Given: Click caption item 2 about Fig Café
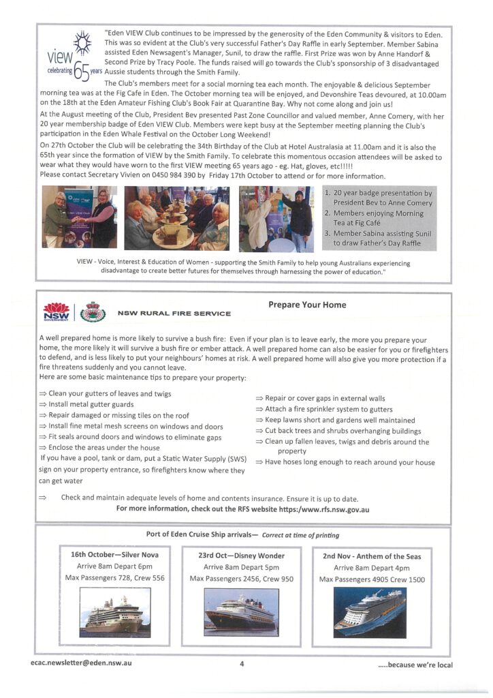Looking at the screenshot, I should point(379,218).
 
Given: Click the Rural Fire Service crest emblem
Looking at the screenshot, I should point(93,312).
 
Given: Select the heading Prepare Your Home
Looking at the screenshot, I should point(307,305).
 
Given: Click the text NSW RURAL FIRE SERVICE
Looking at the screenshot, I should point(174,314).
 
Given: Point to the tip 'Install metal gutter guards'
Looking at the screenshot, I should point(91,404).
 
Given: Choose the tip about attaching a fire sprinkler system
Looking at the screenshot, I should point(324,410).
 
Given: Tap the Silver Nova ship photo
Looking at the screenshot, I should point(114,611).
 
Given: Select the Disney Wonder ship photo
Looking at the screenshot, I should point(241,611).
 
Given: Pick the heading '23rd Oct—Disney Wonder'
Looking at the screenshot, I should point(241,556).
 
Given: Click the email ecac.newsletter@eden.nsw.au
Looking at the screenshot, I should point(81,663).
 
